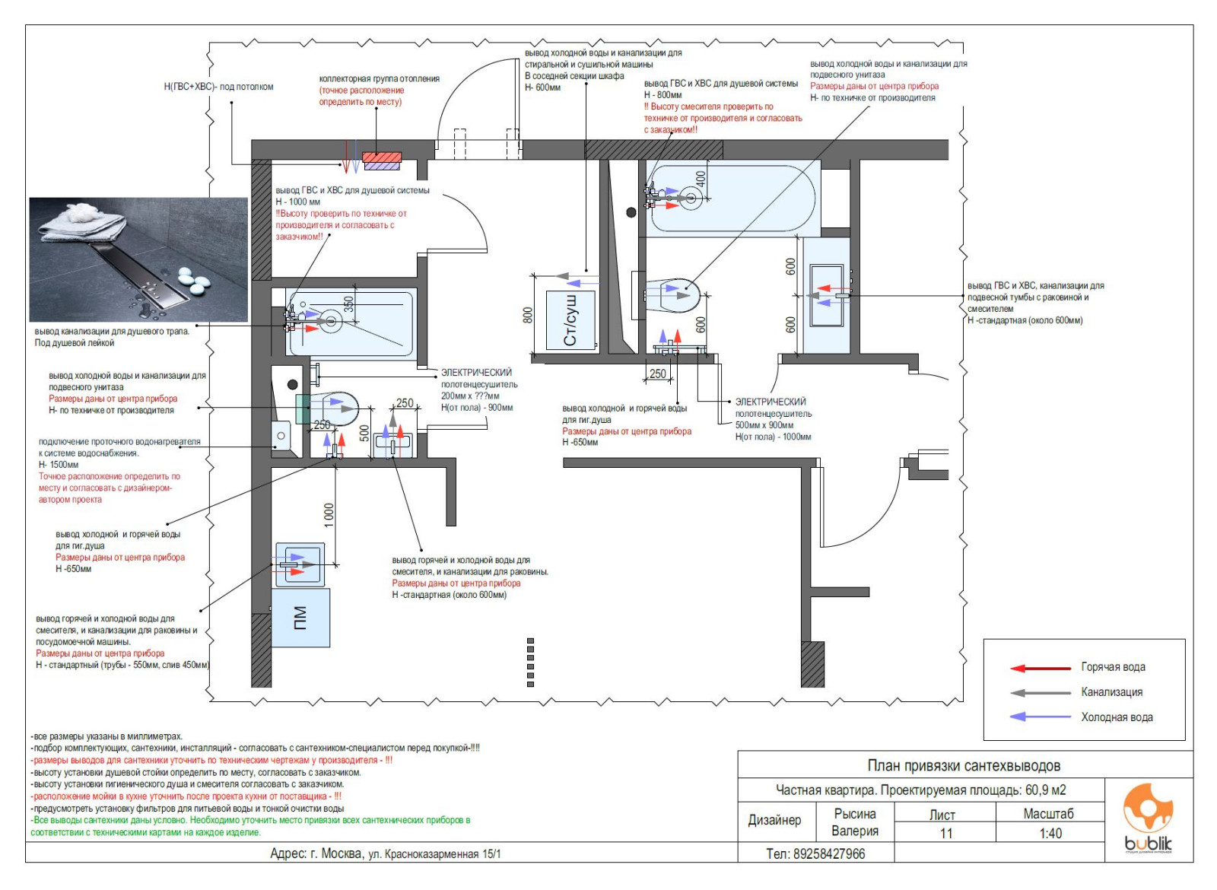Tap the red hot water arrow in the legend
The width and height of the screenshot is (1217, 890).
1040,668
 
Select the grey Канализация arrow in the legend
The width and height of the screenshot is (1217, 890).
1040,693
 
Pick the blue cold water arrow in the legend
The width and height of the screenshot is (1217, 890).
1040,717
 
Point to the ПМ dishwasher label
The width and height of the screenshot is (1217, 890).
300,618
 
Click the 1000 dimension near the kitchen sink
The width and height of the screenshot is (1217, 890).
329,514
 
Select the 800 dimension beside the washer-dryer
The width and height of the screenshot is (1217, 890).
527,315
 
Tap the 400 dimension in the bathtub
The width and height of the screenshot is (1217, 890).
701,179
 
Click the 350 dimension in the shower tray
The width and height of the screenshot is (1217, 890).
348,304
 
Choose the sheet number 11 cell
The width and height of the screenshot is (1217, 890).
945,833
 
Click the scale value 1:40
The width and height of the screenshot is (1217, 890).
1050,833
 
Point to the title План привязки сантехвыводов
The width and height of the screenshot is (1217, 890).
964,765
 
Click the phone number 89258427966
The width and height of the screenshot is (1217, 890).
815,853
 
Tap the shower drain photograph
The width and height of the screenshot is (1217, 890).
138,259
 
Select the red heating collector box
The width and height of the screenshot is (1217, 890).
382,161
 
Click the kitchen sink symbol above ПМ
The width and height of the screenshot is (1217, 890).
300,564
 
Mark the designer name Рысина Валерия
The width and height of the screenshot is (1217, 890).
854,822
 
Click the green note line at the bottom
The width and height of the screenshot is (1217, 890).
250,826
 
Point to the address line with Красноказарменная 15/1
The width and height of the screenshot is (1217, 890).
386,853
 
